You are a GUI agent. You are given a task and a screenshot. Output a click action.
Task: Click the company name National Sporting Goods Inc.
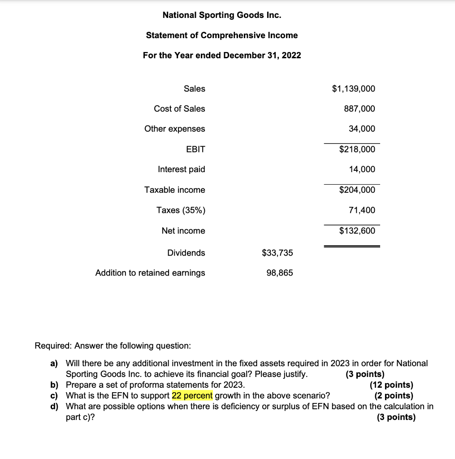(222, 15)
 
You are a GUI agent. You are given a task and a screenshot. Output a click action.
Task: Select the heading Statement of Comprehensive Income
(222, 35)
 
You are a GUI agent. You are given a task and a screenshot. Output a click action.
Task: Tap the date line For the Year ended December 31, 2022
(222, 56)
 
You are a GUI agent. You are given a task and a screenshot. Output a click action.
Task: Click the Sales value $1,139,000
(353, 89)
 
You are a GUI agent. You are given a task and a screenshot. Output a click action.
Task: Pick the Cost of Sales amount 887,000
(360, 109)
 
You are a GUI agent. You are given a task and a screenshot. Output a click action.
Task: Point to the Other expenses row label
(174, 129)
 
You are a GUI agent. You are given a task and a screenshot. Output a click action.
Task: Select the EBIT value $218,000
(357, 149)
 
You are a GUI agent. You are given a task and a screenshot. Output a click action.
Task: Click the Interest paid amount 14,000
(362, 169)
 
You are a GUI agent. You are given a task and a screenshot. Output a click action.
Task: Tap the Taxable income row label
(174, 190)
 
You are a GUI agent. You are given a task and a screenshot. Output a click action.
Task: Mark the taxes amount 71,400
(362, 210)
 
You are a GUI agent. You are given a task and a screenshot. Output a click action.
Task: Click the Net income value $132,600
(357, 231)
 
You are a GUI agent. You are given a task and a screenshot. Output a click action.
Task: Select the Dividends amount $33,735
(277, 253)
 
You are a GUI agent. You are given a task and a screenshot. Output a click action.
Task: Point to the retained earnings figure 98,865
(279, 273)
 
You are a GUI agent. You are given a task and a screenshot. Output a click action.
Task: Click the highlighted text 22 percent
(192, 396)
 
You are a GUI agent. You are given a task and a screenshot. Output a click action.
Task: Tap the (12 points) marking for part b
(391, 385)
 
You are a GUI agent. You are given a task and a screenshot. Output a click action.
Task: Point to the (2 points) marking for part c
(394, 396)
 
